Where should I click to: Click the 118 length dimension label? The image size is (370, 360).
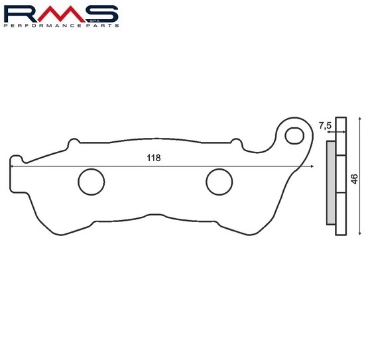(154, 158)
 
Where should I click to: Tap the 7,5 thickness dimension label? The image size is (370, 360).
(325, 126)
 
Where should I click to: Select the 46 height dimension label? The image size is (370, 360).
(354, 179)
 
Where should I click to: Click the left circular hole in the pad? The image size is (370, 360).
(92, 182)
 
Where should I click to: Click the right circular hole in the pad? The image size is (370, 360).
(219, 182)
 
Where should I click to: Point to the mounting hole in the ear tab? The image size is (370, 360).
(294, 136)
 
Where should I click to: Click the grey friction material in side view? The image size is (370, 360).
(331, 183)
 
